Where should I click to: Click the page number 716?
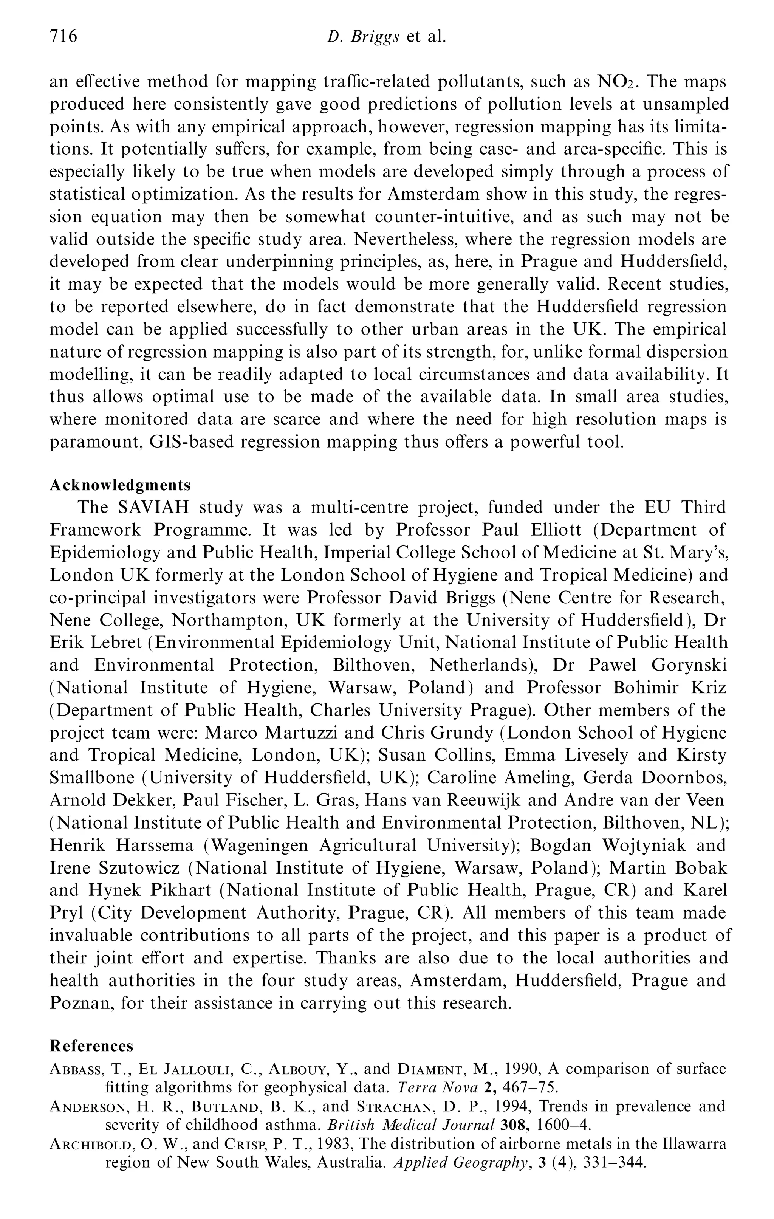pyautogui.click(x=63, y=36)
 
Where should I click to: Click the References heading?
pyautogui.click(x=91, y=1046)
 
